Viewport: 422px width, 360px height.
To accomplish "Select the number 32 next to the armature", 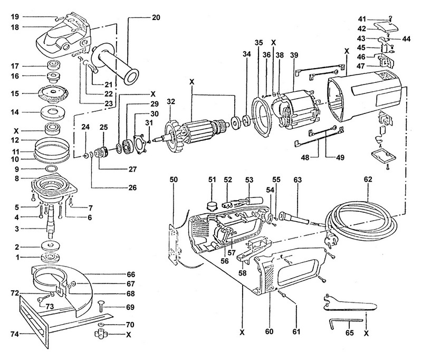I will pos(170,101).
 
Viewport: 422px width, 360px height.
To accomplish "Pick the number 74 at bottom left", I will pos(9,334).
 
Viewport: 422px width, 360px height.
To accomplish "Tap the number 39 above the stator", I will pos(294,55).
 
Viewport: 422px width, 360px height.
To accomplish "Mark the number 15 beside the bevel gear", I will pos(14,93).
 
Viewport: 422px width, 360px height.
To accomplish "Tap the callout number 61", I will pos(296,333).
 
